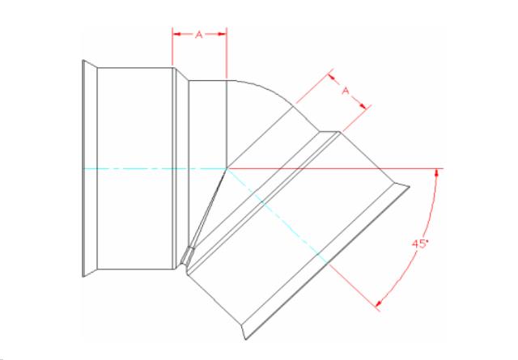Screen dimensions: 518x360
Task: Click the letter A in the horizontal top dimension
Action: click(x=198, y=34)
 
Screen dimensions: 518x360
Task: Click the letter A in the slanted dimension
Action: click(x=346, y=90)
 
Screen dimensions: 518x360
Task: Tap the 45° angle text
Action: click(x=420, y=244)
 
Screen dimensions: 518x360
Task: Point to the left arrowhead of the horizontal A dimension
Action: click(x=176, y=34)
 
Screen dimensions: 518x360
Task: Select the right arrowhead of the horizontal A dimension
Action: click(x=223, y=34)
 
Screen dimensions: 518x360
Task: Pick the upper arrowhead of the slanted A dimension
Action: click(x=331, y=78)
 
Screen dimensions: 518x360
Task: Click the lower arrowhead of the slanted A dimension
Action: click(x=363, y=105)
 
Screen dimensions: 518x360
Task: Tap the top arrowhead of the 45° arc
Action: click(x=437, y=173)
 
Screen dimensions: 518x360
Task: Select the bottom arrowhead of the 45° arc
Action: click(x=380, y=303)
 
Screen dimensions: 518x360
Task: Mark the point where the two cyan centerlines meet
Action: click(x=227, y=169)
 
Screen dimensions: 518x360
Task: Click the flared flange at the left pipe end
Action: click(x=90, y=168)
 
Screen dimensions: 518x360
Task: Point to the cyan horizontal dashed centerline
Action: click(x=155, y=169)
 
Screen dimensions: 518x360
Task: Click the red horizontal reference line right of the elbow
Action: click(x=335, y=169)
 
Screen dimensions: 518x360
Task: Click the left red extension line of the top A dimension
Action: click(x=172, y=47)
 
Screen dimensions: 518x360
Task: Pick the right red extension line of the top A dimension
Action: click(x=227, y=53)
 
